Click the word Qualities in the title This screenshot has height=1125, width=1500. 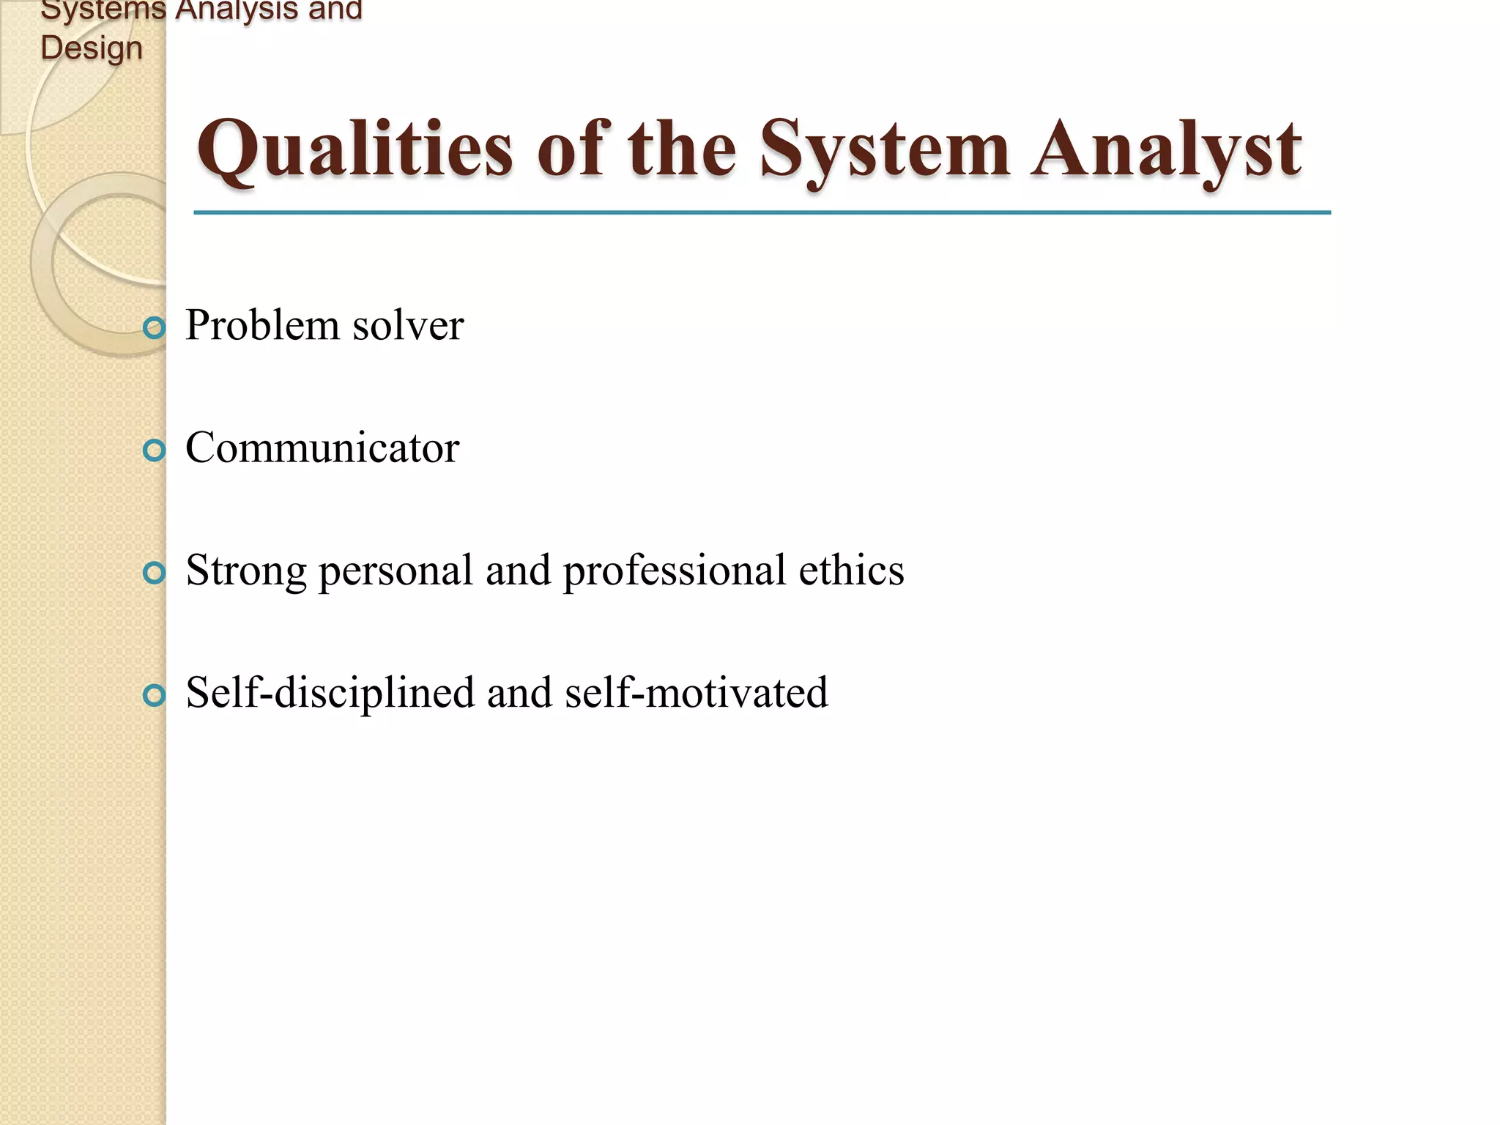click(354, 150)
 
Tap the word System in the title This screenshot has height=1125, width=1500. click(885, 150)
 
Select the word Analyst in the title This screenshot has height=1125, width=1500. click(1166, 150)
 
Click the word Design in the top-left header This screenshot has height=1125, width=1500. click(92, 48)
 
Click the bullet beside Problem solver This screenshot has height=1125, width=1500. click(154, 327)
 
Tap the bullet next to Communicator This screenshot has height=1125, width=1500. click(154, 450)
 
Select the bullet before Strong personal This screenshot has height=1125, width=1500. click(154, 573)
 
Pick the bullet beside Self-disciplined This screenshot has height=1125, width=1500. click(154, 695)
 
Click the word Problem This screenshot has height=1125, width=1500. click(262, 325)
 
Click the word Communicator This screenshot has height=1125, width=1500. click(322, 448)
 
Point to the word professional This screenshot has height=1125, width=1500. click(674, 571)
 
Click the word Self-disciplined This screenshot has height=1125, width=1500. click(330, 693)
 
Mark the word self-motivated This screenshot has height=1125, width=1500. click(697, 693)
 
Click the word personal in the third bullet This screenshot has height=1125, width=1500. click(396, 571)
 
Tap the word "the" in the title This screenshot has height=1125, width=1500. click(681, 150)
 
